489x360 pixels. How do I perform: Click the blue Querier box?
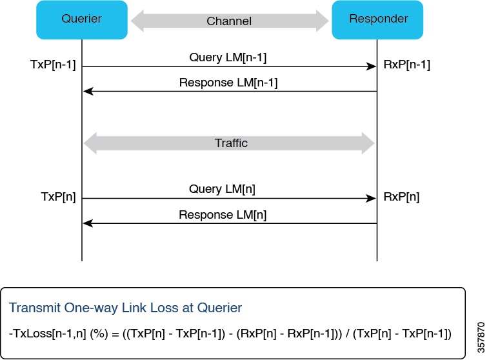(x=82, y=19)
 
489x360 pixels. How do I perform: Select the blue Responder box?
(x=377, y=19)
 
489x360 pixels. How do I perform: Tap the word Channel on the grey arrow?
(x=229, y=21)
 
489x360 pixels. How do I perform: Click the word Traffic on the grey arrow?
(x=231, y=143)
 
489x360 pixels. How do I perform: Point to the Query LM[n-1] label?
(x=228, y=57)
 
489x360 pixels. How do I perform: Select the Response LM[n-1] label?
(x=228, y=83)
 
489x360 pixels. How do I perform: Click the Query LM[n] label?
(x=222, y=189)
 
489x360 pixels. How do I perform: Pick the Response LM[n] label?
(x=223, y=215)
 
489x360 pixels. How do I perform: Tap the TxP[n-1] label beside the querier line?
(x=53, y=65)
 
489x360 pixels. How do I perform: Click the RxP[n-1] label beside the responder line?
(x=406, y=65)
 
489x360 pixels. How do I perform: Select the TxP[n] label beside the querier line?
(x=58, y=197)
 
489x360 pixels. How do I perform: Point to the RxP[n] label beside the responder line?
(x=401, y=197)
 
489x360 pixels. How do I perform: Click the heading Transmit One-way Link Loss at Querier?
(x=125, y=308)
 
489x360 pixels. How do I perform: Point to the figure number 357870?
(x=481, y=337)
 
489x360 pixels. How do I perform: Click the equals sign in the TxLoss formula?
(x=115, y=334)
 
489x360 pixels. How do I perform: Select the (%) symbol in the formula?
(x=99, y=334)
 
